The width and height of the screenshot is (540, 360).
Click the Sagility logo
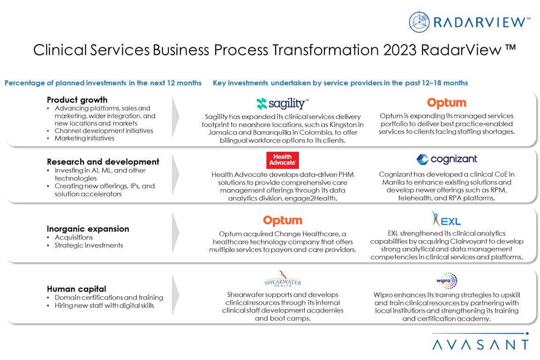tap(282, 103)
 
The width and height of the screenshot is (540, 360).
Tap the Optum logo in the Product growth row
tap(447, 103)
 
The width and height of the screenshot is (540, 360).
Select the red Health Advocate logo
tap(282, 160)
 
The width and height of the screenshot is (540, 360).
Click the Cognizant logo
tap(447, 159)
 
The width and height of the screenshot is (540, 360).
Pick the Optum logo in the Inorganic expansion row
tap(283, 221)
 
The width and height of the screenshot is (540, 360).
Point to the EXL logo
tap(446, 219)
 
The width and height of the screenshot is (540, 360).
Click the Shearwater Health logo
tap(283, 279)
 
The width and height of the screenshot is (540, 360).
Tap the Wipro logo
tap(447, 281)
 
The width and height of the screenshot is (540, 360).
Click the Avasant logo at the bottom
tap(480, 341)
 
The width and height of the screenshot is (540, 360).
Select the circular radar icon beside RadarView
tap(419, 22)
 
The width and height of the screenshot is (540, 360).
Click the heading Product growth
tap(77, 100)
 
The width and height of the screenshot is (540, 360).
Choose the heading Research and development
tap(103, 162)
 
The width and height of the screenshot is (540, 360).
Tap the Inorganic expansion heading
tap(88, 229)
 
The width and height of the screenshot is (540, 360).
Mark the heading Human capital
tap(76, 289)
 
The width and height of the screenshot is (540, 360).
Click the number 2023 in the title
tap(400, 50)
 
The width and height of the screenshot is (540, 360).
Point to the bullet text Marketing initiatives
tap(84, 138)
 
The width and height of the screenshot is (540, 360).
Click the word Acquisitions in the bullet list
tap(74, 237)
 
